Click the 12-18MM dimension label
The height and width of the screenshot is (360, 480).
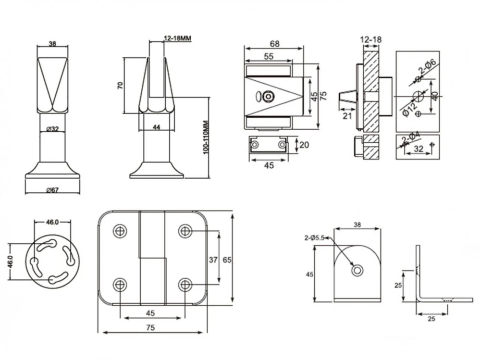point(178,38)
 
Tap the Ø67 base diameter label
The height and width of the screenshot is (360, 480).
point(52,190)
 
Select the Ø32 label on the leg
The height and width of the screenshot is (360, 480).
point(52,129)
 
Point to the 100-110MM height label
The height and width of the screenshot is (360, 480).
point(206,137)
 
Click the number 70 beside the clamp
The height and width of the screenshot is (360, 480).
point(120,85)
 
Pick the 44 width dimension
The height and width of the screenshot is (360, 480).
point(157,127)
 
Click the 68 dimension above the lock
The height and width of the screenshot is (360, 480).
point(274,44)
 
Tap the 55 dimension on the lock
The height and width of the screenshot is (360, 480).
point(268,56)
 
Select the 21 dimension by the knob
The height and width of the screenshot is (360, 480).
point(347,116)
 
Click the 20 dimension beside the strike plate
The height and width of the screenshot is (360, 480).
point(304,145)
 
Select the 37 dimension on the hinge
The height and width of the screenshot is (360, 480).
point(213,260)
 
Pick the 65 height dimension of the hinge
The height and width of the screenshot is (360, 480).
point(227,260)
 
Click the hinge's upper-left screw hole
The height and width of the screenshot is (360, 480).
point(120,231)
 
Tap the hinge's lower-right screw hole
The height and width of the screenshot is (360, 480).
point(185,285)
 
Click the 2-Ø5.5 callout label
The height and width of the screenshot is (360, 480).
point(314,238)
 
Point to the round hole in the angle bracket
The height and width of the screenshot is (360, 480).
point(357,271)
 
